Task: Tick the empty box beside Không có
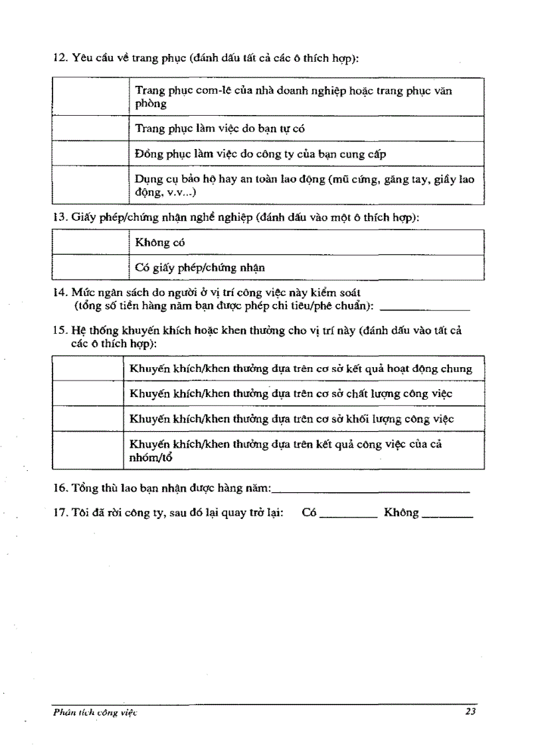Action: point(90,243)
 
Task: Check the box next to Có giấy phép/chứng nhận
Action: point(90,268)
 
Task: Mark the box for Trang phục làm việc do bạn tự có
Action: point(90,128)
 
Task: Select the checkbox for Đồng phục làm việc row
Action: point(90,154)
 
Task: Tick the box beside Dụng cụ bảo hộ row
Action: point(90,185)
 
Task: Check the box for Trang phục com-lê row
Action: point(90,97)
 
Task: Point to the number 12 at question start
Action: point(58,59)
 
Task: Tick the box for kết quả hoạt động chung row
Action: point(88,369)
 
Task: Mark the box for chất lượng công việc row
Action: point(88,394)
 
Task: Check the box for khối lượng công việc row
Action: point(88,419)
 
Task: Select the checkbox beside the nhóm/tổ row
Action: point(88,450)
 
